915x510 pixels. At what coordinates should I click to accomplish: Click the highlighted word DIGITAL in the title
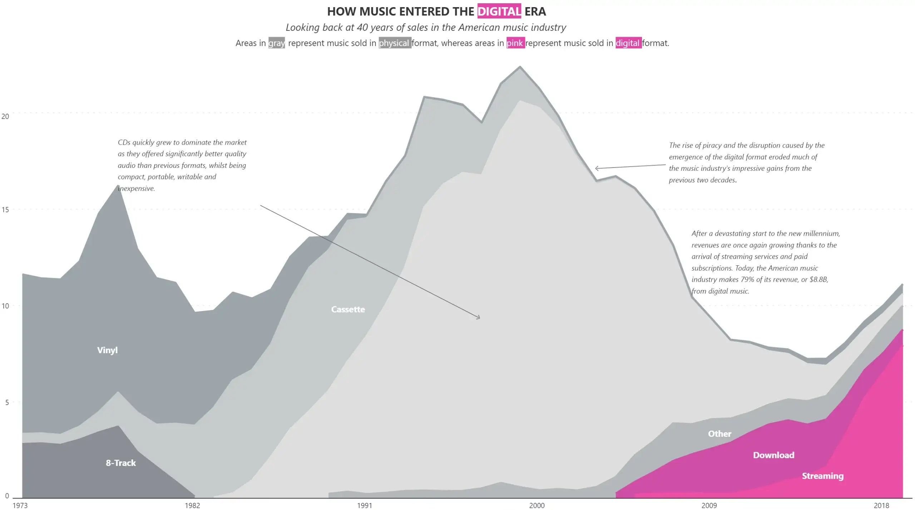pos(499,11)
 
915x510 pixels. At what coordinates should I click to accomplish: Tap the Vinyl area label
pos(107,350)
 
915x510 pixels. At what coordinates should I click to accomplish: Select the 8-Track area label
pos(121,463)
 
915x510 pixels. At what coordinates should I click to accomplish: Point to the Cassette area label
pos(348,309)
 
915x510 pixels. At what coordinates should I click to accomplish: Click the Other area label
pos(719,434)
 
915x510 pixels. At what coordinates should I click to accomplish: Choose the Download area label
pos(773,455)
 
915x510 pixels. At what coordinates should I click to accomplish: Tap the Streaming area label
pos(822,476)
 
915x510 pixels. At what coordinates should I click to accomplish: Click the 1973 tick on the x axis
pos(20,505)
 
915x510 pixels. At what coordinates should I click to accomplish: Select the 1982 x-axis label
pos(192,505)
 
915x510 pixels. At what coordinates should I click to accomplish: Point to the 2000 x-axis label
pos(537,505)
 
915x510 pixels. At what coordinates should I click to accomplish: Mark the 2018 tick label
pos(881,505)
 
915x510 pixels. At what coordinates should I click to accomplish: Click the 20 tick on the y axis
pos(5,116)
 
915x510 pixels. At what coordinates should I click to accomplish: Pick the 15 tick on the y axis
pos(5,210)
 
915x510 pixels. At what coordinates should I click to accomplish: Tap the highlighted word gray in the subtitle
pos(277,43)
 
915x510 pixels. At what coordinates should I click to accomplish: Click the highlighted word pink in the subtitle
pos(515,43)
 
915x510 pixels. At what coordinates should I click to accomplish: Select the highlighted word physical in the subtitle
pos(395,43)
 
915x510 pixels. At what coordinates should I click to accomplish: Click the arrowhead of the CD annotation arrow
pos(479,317)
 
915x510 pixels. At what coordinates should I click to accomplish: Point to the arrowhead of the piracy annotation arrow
pos(596,168)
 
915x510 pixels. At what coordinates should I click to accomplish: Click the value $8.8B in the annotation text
pos(819,279)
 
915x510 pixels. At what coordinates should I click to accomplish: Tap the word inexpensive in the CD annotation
pos(137,188)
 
